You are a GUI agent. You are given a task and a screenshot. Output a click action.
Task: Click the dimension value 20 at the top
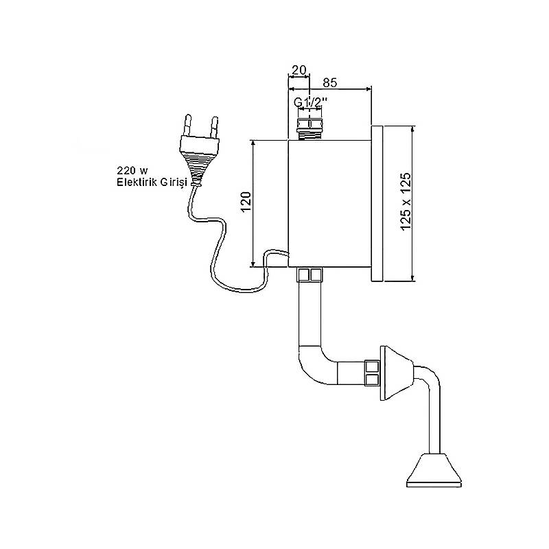click(x=299, y=70)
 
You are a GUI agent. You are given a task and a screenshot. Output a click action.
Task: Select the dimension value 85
click(x=329, y=82)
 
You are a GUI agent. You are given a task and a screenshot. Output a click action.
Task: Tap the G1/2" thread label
click(x=311, y=102)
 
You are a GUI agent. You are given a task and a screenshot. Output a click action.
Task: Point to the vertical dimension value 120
click(x=246, y=202)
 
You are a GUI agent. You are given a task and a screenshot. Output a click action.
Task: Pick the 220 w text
click(x=132, y=171)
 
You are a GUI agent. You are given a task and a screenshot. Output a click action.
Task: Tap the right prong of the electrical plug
click(x=214, y=127)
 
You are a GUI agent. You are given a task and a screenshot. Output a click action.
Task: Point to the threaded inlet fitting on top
click(x=309, y=128)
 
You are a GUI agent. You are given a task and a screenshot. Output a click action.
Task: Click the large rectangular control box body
click(x=329, y=203)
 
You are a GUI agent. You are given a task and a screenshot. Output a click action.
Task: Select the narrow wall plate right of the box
click(x=377, y=203)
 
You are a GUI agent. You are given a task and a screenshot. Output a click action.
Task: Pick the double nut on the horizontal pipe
click(x=372, y=373)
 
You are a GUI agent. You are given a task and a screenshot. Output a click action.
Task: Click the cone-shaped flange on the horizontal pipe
click(x=397, y=373)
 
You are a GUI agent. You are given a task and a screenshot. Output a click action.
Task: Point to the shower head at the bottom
click(x=434, y=470)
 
